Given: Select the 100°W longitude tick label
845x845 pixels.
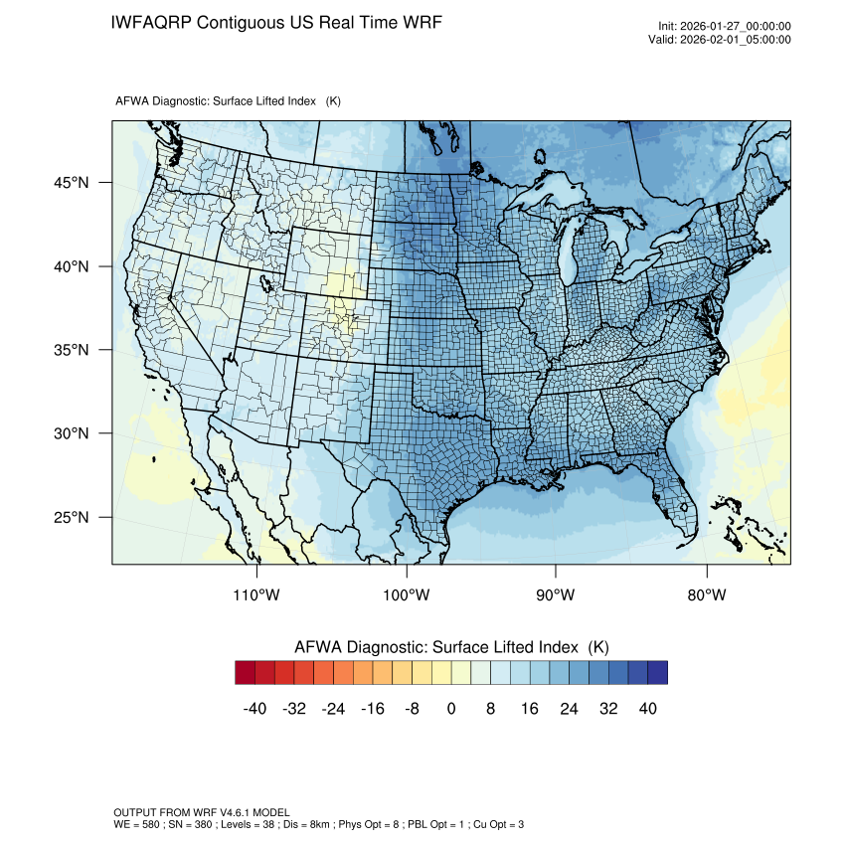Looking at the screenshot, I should point(407,595).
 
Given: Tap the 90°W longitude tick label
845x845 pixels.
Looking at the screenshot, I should point(556,595).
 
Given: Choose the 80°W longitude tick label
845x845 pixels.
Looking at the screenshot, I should point(706,595).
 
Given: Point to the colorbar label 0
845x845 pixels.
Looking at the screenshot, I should point(451,709).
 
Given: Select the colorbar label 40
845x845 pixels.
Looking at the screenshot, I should point(646,709).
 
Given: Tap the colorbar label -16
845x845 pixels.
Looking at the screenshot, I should point(373,709).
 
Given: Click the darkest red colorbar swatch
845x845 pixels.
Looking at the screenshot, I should point(246,673).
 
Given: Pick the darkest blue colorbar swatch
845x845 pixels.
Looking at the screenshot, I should point(657,673).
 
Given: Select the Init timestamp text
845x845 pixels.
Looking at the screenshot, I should point(724,27).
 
